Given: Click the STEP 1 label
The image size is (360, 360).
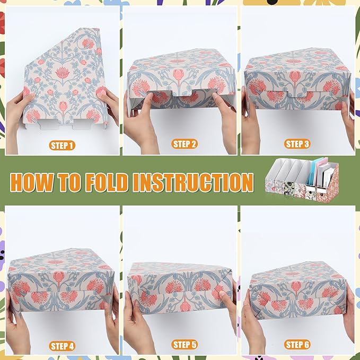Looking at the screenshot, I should (62, 145).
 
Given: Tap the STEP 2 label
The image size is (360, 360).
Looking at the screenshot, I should (185, 144).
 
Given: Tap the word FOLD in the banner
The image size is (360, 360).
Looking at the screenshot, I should (103, 182).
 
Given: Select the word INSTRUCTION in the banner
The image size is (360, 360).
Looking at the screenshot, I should (193, 182).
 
